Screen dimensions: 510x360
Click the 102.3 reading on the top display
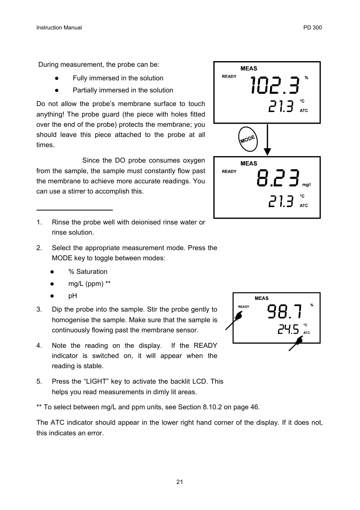pos(275,85)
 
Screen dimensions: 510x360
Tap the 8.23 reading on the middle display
pos(278,178)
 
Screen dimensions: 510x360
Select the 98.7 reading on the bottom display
pos(285,312)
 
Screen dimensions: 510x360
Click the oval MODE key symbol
pos(248,139)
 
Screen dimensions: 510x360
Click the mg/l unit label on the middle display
pos(306,185)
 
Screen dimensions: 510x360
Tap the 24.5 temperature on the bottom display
pos(288,330)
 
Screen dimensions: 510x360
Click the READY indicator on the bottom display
pos(243,307)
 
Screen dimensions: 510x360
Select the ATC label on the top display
pos(304,111)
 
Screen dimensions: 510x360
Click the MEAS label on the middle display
pos(249,163)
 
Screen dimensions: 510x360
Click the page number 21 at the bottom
pos(180,482)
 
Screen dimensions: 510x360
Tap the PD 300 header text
pos(312,28)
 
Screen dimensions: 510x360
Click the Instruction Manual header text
pos(59,28)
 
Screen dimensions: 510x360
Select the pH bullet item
pos(72,296)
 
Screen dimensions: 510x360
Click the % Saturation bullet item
pos(88,272)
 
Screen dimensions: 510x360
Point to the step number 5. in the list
pos(39,381)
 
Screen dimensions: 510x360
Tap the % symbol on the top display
pos(306,78)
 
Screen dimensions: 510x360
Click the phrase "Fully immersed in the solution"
pos(118,78)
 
